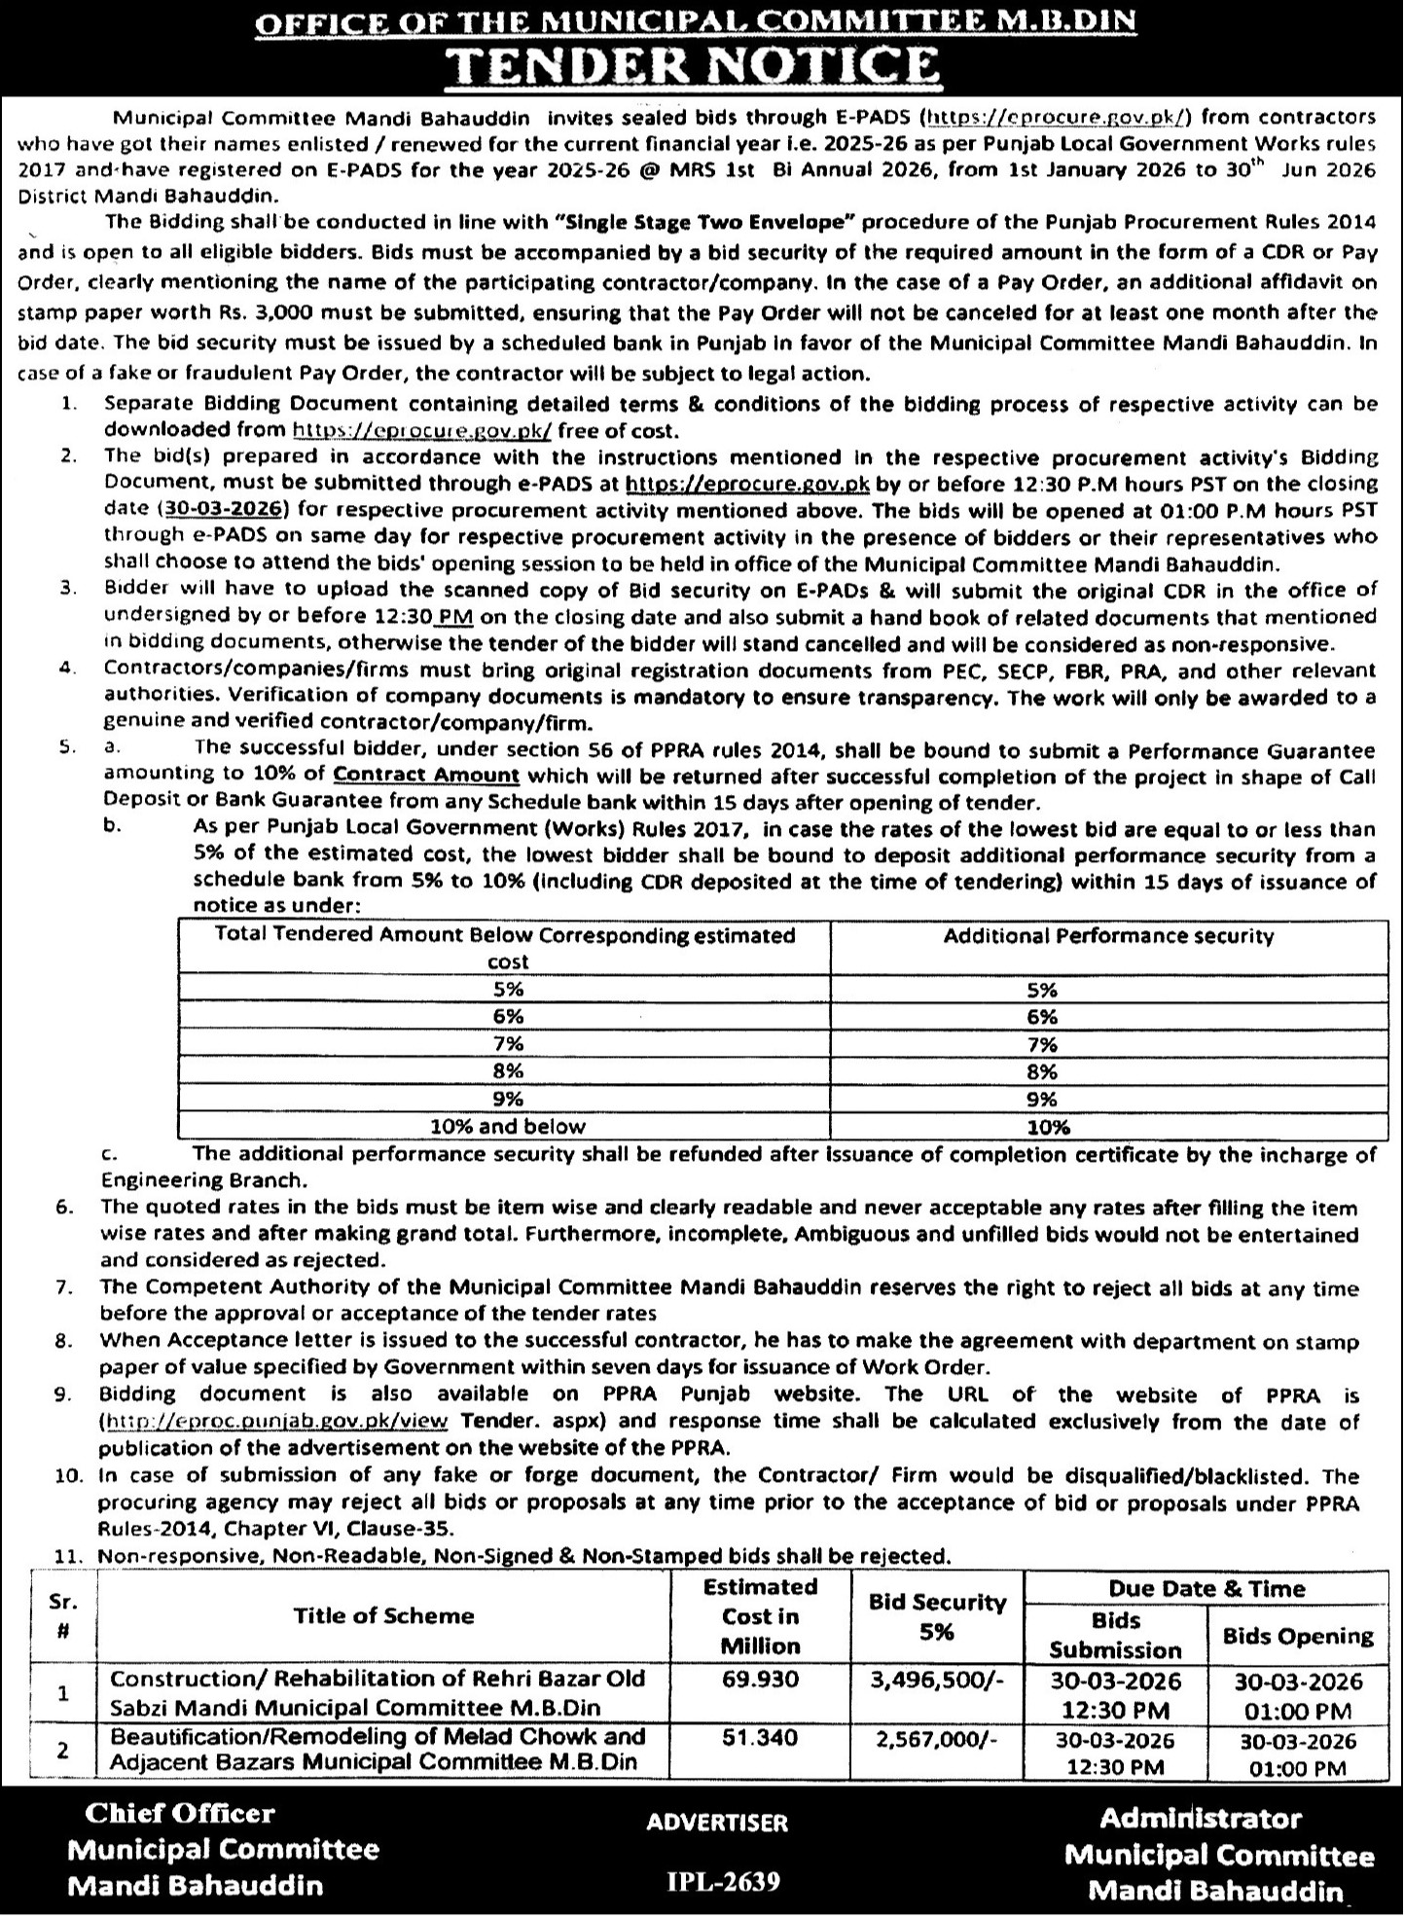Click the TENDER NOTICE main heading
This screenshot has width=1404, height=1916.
[x=698, y=63]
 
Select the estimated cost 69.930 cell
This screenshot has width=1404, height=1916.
[x=760, y=1680]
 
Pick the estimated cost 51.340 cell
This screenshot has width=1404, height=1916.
[x=760, y=1737]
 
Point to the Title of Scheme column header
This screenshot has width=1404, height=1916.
[x=383, y=1615]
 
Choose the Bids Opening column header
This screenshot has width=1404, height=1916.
[x=1298, y=1635]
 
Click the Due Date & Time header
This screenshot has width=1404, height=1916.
[x=1206, y=1588]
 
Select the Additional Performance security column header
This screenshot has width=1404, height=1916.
[x=1108, y=936]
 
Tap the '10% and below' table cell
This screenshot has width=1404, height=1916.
[x=508, y=1127]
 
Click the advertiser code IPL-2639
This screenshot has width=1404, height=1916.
[x=724, y=1881]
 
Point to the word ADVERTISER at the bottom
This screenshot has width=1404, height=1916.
[x=717, y=1822]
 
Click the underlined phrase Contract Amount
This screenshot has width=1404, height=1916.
[x=426, y=776]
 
